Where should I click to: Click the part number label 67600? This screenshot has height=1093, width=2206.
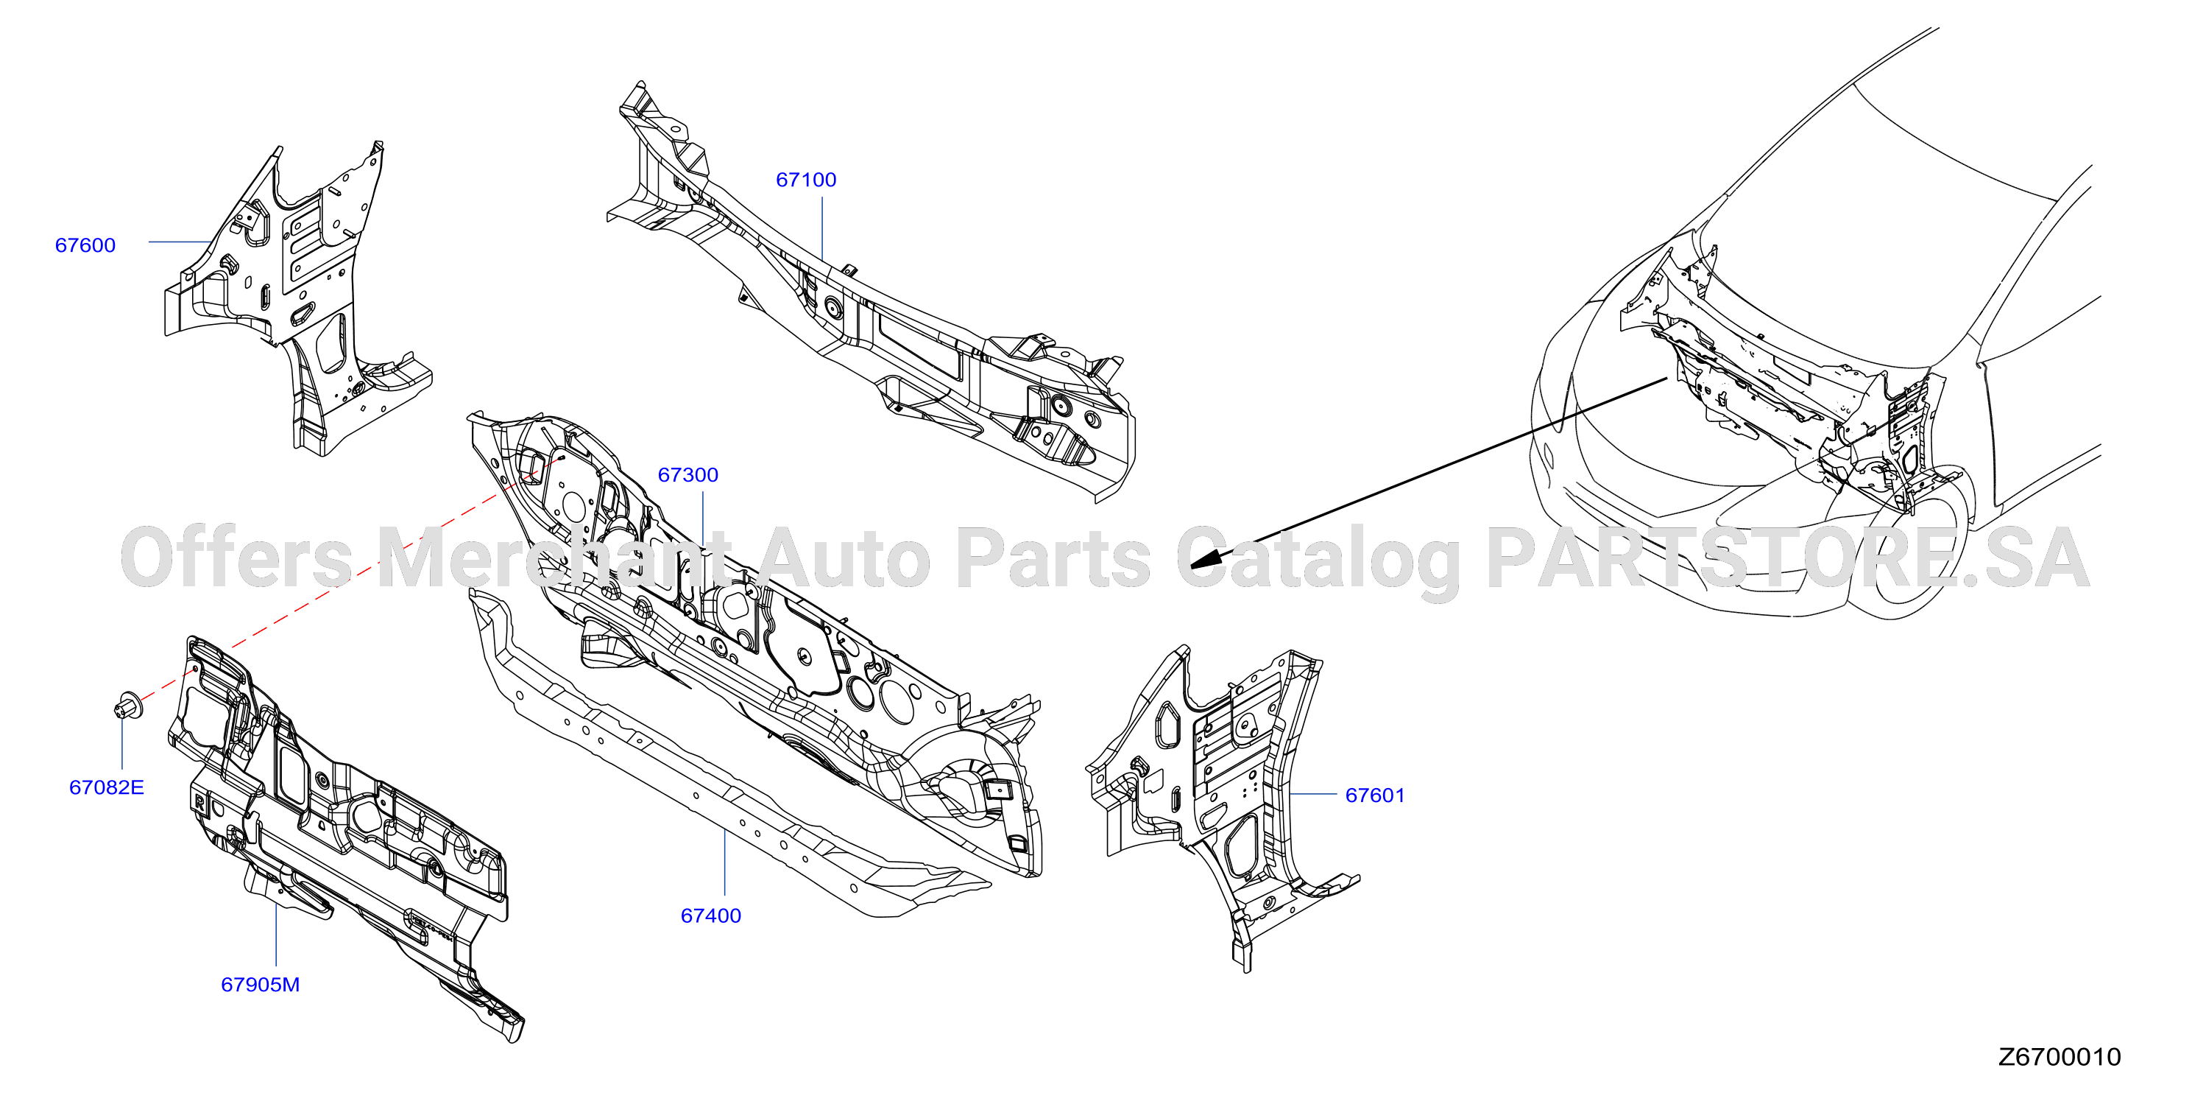pyautogui.click(x=85, y=245)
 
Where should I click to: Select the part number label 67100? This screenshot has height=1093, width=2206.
pyautogui.click(x=806, y=180)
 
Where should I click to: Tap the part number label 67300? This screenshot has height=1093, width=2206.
pyautogui.click(x=687, y=474)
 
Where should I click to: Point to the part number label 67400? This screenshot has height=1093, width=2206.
pyautogui.click(x=711, y=915)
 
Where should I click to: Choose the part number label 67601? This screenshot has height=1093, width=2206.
pyautogui.click(x=1375, y=795)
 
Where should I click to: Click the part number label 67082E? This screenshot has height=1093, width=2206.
pyautogui.click(x=106, y=787)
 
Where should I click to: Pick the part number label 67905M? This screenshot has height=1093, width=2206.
pyautogui.click(x=261, y=984)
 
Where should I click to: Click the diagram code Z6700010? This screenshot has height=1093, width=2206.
pyautogui.click(x=2060, y=1057)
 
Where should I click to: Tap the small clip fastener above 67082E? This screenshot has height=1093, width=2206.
pyautogui.click(x=127, y=704)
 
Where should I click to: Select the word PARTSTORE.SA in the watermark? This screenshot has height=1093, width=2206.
pyautogui.click(x=1788, y=558)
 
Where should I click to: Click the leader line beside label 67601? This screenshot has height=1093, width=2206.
pyautogui.click(x=1314, y=795)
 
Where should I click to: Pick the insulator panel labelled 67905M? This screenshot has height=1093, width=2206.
pyautogui.click(x=342, y=831)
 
